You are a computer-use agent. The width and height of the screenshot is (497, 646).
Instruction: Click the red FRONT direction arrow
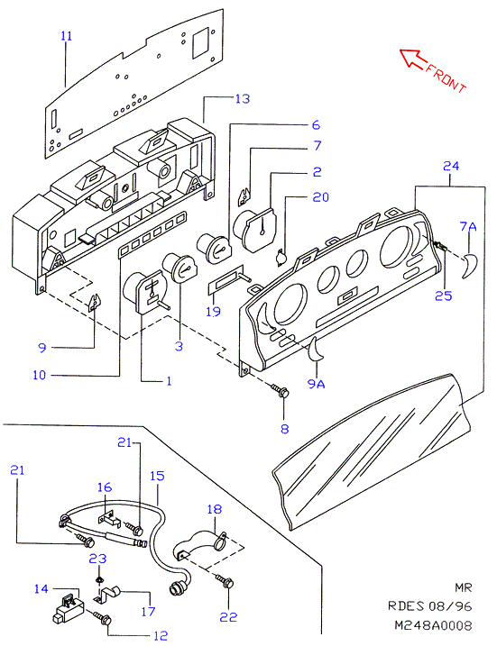coord(414,59)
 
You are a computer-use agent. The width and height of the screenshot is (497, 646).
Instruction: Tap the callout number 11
coord(67,36)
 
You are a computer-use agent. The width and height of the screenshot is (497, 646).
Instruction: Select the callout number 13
coord(243,98)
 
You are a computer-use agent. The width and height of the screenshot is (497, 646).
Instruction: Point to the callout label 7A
coord(468,226)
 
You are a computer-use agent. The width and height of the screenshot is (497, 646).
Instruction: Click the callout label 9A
coord(317,384)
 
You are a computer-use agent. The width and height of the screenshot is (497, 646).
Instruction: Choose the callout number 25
coord(444,296)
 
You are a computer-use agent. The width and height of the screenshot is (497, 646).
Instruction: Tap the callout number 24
coord(451,166)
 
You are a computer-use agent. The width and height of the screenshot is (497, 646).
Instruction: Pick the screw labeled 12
coord(102,617)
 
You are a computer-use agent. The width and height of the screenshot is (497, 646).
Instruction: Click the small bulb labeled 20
coord(281,258)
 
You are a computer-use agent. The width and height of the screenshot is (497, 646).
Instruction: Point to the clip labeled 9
coord(96,304)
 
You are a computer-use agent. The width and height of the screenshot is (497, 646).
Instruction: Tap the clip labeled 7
coord(245,196)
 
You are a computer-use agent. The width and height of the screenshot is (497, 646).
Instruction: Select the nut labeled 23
coord(98,580)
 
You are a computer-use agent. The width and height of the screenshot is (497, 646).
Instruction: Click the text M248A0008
coord(433,625)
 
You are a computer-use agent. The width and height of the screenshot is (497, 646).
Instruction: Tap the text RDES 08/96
coord(429,606)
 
